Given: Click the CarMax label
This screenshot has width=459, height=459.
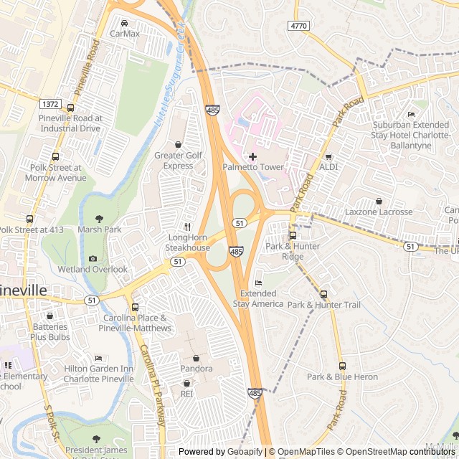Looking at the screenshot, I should (x=125, y=34).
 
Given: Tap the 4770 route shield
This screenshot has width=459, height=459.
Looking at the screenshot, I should (x=299, y=26).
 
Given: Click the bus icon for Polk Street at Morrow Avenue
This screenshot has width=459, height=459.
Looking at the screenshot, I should (x=55, y=156).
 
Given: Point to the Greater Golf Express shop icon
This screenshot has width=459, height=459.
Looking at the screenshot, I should (x=179, y=144).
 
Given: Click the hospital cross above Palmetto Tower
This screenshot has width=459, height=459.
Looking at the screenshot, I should (x=252, y=156).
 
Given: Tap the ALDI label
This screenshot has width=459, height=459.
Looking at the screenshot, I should (x=328, y=167).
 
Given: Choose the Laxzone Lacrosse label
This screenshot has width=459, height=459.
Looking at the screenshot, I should (x=378, y=212).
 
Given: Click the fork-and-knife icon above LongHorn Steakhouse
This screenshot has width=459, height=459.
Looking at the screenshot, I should (x=188, y=227).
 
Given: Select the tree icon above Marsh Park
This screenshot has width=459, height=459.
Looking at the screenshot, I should (x=99, y=219).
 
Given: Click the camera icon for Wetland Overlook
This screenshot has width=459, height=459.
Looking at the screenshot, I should (x=93, y=259).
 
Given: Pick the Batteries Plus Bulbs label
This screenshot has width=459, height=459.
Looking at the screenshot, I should (x=49, y=331).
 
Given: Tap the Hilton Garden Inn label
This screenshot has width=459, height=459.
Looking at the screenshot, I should (x=98, y=374).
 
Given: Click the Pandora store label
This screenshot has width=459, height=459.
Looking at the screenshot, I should (x=196, y=369).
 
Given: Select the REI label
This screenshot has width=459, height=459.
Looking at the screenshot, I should (x=186, y=394).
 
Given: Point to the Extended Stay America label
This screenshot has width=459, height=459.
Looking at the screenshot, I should (x=258, y=299).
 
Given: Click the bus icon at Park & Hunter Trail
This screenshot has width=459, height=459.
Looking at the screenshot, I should (x=323, y=294).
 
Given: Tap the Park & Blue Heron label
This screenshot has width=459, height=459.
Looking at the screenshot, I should (x=342, y=377).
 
